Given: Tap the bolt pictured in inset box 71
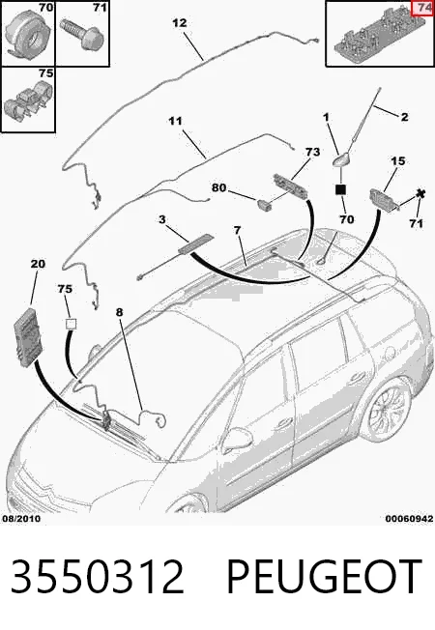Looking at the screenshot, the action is [x=82, y=34].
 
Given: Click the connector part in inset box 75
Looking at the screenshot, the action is [x=28, y=101].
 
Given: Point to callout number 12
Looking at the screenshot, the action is [x=180, y=23].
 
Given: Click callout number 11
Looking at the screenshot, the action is [x=175, y=121].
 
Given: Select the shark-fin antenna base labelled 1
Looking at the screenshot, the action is [x=341, y=160].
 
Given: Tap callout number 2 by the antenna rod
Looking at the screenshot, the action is [x=404, y=117].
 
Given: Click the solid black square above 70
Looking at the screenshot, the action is [x=340, y=189].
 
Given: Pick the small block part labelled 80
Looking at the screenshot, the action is [x=264, y=204].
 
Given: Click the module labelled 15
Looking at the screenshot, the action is [x=384, y=200].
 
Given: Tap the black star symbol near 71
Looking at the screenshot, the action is [x=420, y=194].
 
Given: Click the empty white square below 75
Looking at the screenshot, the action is [x=72, y=324].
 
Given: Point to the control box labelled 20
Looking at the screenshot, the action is [x=29, y=337].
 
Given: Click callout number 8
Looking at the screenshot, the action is [x=120, y=312].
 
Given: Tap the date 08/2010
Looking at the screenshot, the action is [x=21, y=519].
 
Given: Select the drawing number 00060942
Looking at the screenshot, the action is [x=409, y=519].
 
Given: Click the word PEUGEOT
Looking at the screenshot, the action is [x=324, y=577].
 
